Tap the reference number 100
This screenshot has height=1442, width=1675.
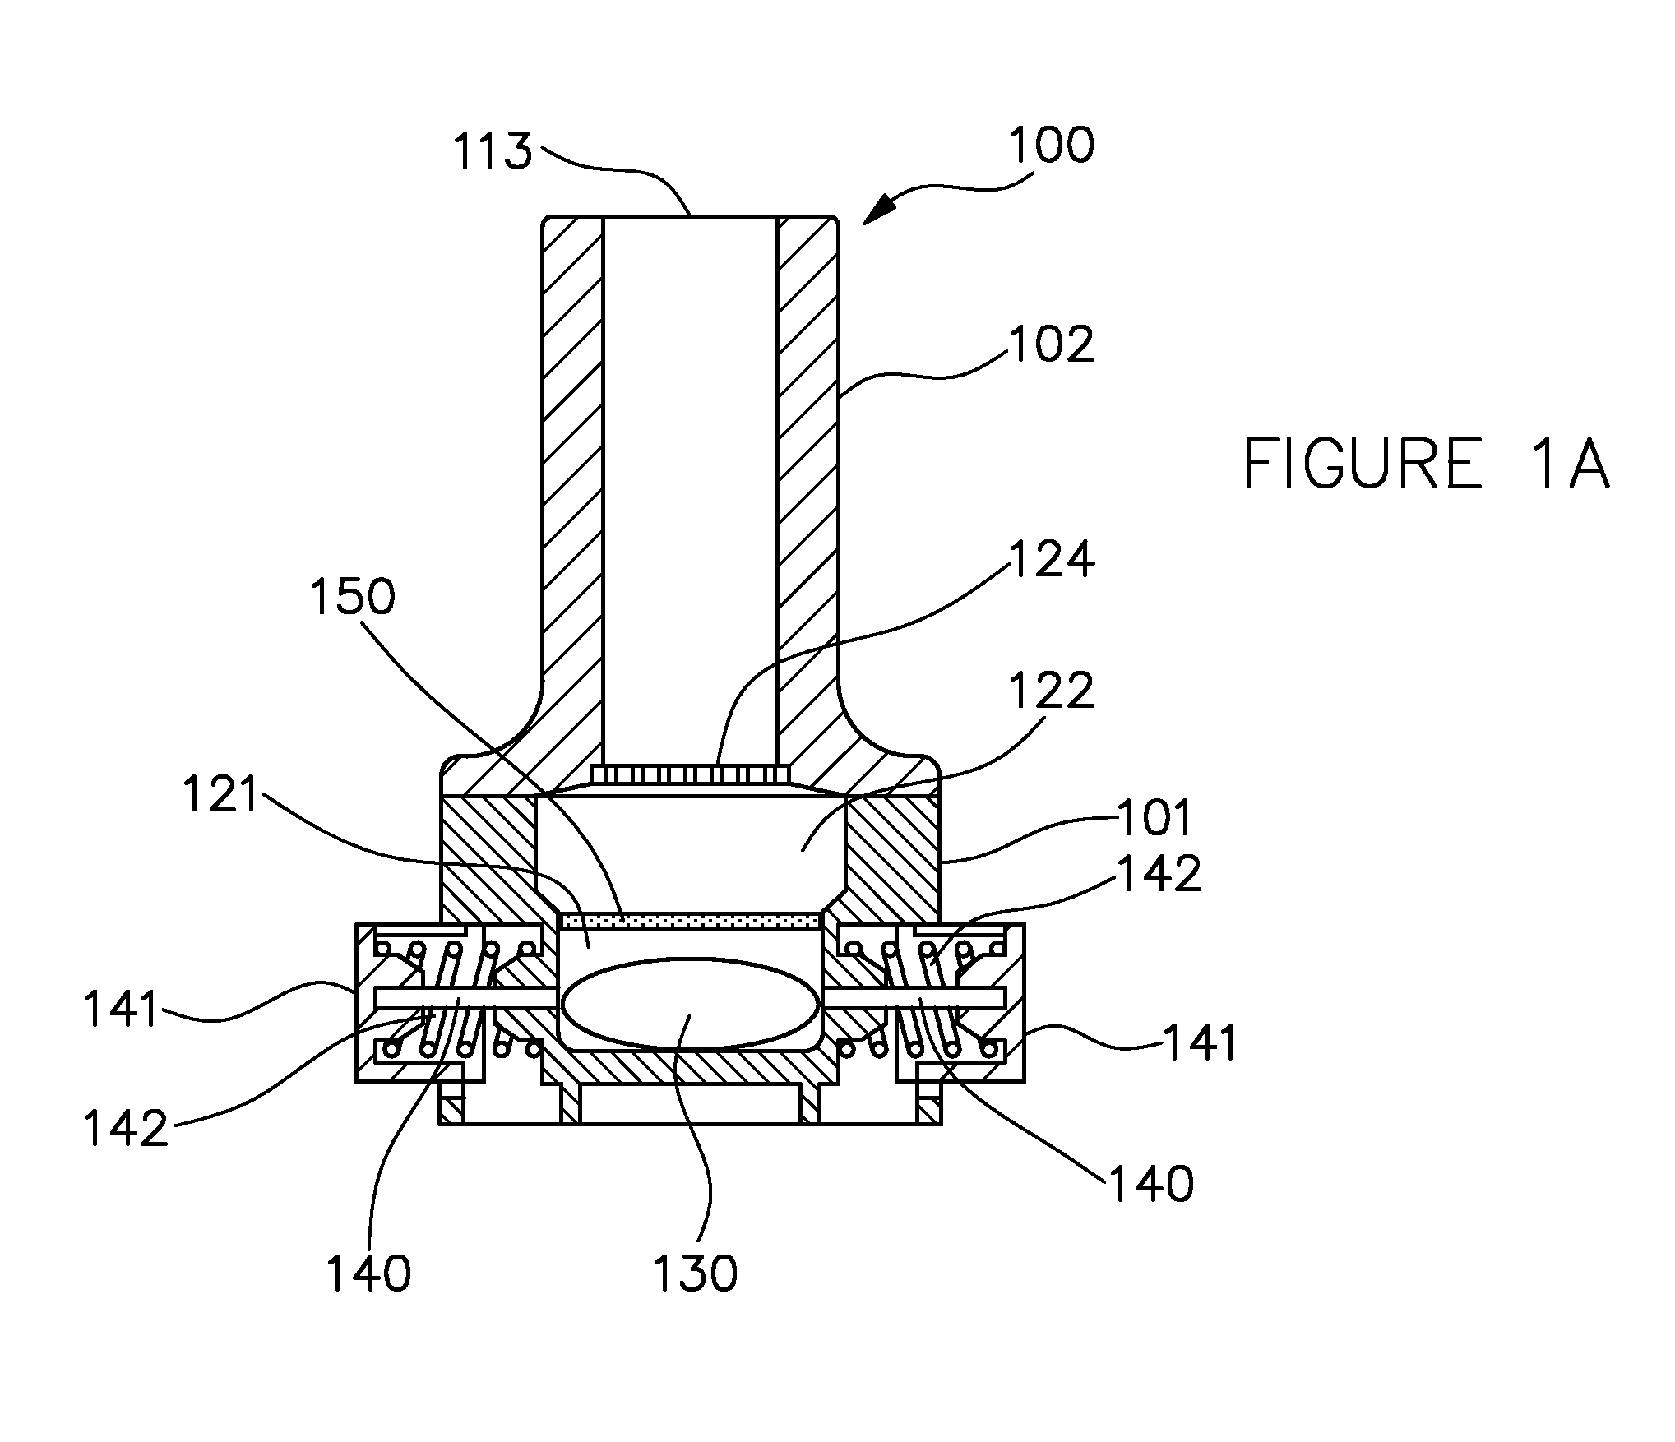click(x=1052, y=146)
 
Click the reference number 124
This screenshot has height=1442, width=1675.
click(x=1053, y=561)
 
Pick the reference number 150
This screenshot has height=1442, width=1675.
click(x=353, y=597)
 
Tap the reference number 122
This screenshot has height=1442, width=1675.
click(x=1053, y=691)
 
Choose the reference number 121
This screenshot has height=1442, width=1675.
click(x=221, y=796)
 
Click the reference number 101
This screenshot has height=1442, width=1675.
click(x=1154, y=817)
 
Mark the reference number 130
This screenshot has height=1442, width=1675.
click(x=696, y=1273)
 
